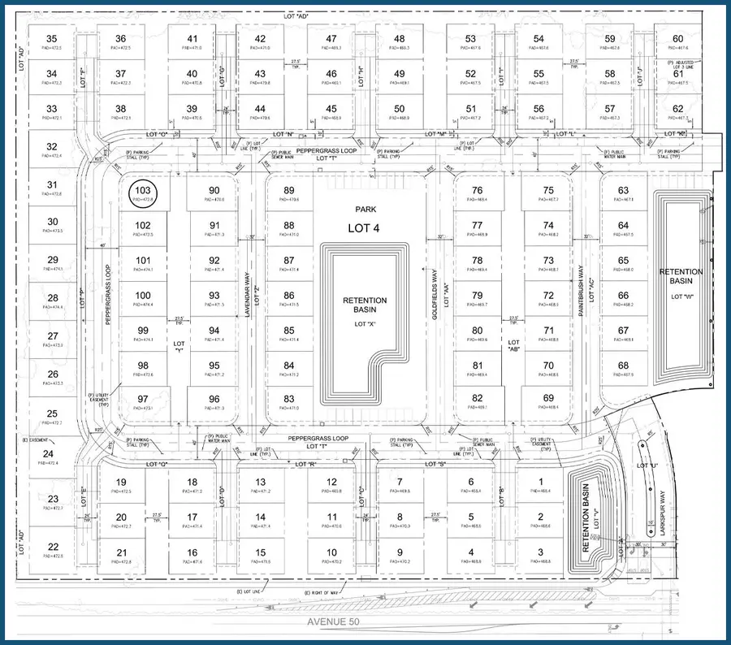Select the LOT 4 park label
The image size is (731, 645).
(x=364, y=228)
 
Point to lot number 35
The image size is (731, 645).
(x=52, y=39)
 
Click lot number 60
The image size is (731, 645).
(x=678, y=39)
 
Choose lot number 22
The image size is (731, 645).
(x=52, y=547)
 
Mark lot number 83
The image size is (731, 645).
(x=289, y=398)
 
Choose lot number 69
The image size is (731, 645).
(x=547, y=398)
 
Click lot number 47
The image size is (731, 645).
(x=331, y=39)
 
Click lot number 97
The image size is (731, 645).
(x=144, y=398)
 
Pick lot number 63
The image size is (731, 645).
(x=623, y=191)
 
